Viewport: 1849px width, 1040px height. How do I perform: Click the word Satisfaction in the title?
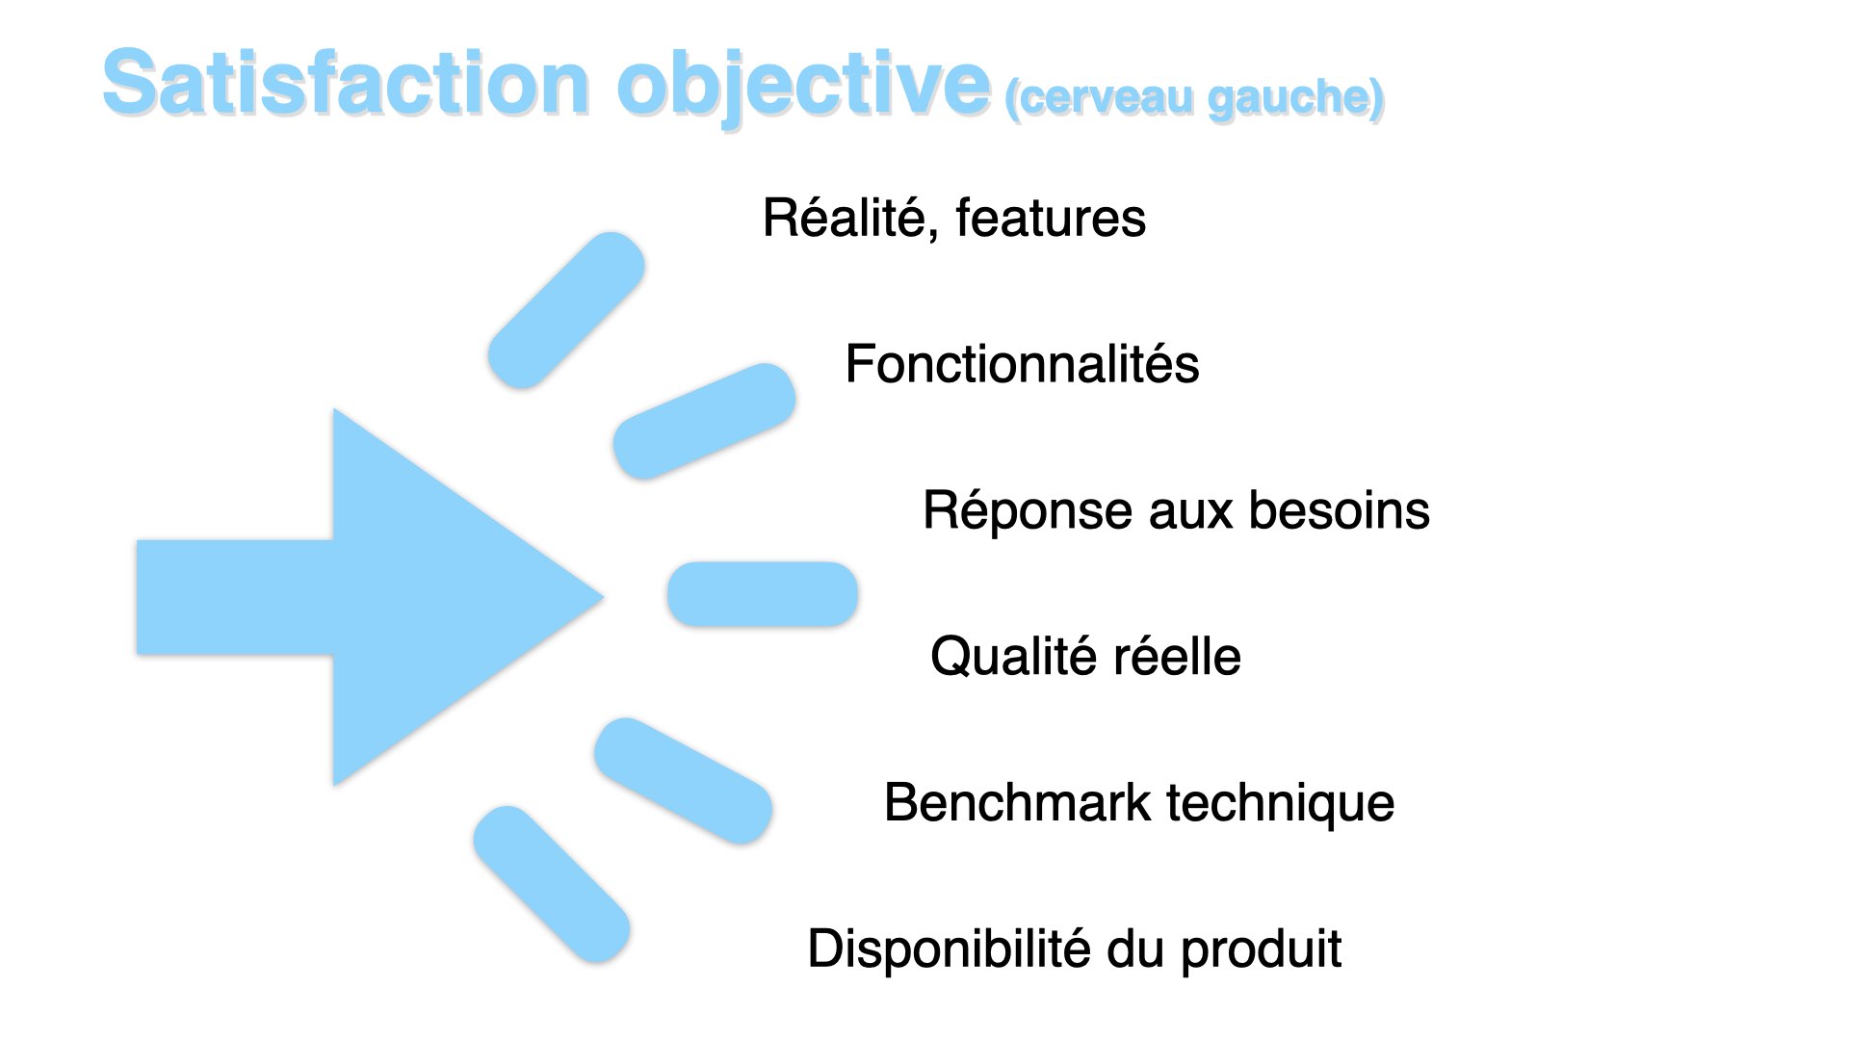pyautogui.click(x=346, y=83)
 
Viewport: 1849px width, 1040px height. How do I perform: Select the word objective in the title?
pyautogui.click(x=804, y=88)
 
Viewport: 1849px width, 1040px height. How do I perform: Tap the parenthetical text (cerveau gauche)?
pyautogui.click(x=1194, y=98)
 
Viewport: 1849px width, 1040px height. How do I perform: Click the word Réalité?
pyautogui.click(x=844, y=218)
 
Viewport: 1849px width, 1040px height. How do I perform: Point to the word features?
pyautogui.click(x=1051, y=218)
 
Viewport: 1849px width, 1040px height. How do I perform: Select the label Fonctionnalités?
pyautogui.click(x=1022, y=364)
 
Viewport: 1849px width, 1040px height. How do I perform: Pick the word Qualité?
pyautogui.click(x=1014, y=657)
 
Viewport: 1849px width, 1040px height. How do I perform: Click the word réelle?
pyautogui.click(x=1177, y=657)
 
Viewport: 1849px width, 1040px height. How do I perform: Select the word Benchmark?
pyautogui.click(x=1017, y=802)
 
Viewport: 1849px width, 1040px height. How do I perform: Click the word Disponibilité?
pyautogui.click(x=950, y=949)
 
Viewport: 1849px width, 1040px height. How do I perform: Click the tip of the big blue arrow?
pyautogui.click(x=603, y=597)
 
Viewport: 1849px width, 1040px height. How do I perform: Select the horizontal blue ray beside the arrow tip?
pyautogui.click(x=762, y=594)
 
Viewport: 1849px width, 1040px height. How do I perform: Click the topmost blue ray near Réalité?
pyautogui.click(x=566, y=310)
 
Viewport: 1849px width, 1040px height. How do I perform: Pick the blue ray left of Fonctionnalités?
pyautogui.click(x=704, y=421)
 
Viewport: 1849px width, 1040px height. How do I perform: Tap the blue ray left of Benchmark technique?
pyautogui.click(x=683, y=781)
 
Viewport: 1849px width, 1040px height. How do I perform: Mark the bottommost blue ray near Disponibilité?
pyautogui.click(x=552, y=884)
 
